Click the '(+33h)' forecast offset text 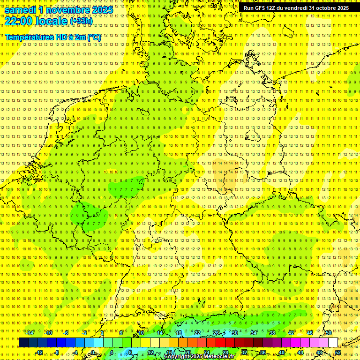81,21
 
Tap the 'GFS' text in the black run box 261,8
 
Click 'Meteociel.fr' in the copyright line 220,357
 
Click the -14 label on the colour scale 30,333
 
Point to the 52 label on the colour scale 337,352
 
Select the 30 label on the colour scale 234,333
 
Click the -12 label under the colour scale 39,352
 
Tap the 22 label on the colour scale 197,333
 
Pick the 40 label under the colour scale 281,352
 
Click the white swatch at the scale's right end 333,343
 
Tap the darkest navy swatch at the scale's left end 23,343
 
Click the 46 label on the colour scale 309,333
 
